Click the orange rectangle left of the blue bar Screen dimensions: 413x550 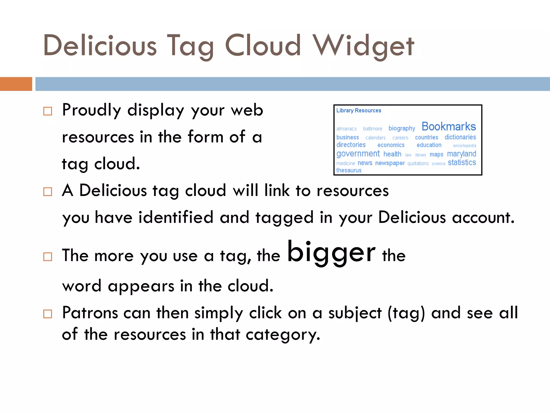16,84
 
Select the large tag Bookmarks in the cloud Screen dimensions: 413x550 448,126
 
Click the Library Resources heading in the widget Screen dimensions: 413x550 359,111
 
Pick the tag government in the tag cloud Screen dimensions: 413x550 358,154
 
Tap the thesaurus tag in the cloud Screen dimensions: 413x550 349,170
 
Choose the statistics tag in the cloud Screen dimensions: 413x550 462,162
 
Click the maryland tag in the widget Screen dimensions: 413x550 461,154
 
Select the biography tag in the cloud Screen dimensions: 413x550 401,128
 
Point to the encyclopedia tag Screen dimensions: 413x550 464,146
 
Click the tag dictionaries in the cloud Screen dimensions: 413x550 460,137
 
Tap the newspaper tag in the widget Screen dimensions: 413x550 390,163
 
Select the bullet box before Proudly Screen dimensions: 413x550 48,111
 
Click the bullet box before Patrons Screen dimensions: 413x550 48,314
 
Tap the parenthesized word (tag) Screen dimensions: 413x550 406,313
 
